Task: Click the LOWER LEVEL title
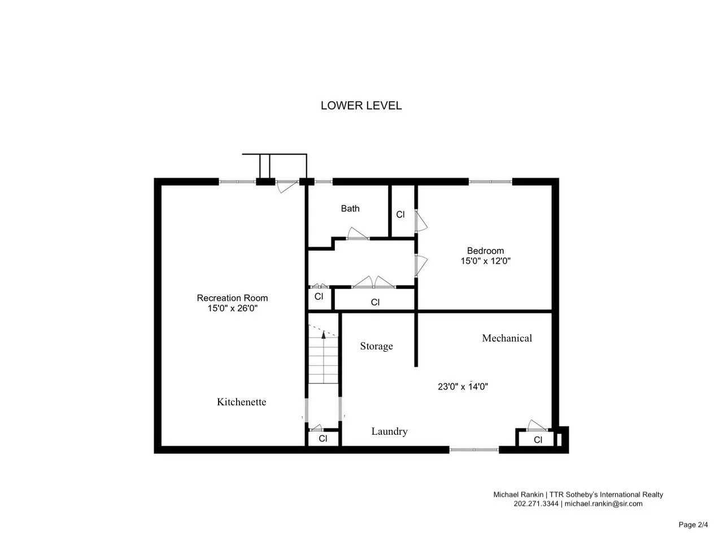tap(361, 106)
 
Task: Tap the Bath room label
tap(350, 208)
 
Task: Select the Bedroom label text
tap(485, 251)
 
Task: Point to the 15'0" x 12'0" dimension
tap(485, 261)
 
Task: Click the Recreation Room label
tap(232, 298)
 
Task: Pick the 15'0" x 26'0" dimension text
tap(232, 308)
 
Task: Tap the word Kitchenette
tap(241, 402)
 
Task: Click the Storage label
tap(376, 346)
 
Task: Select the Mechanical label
tap(507, 338)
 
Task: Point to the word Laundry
tap(389, 431)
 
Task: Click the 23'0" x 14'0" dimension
tap(463, 386)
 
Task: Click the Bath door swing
tap(358, 233)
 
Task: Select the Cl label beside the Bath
tap(400, 215)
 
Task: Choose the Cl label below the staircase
tap(323, 438)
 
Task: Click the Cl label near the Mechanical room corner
tap(538, 440)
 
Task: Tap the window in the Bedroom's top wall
tap(490, 182)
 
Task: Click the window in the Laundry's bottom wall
tap(474, 449)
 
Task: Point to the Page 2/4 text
tap(693, 524)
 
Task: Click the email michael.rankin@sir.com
tap(603, 504)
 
